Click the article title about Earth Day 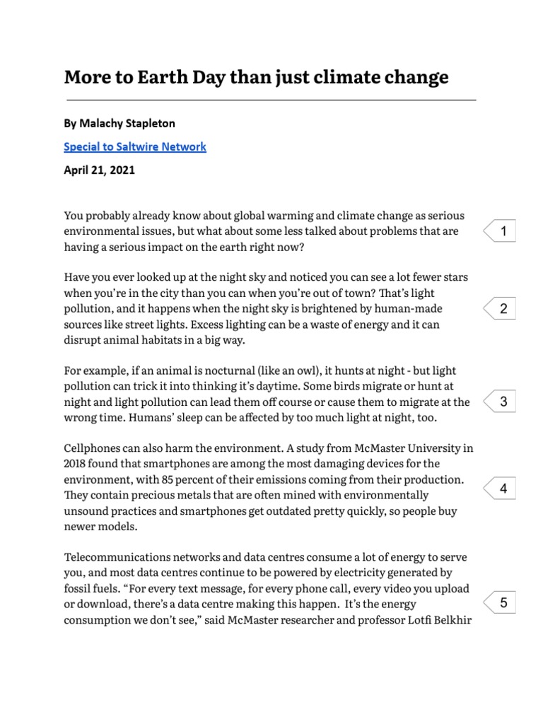coord(256,77)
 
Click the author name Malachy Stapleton coord(119,123)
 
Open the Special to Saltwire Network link coord(135,147)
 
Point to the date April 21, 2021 coord(99,170)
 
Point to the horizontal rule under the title coord(269,100)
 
